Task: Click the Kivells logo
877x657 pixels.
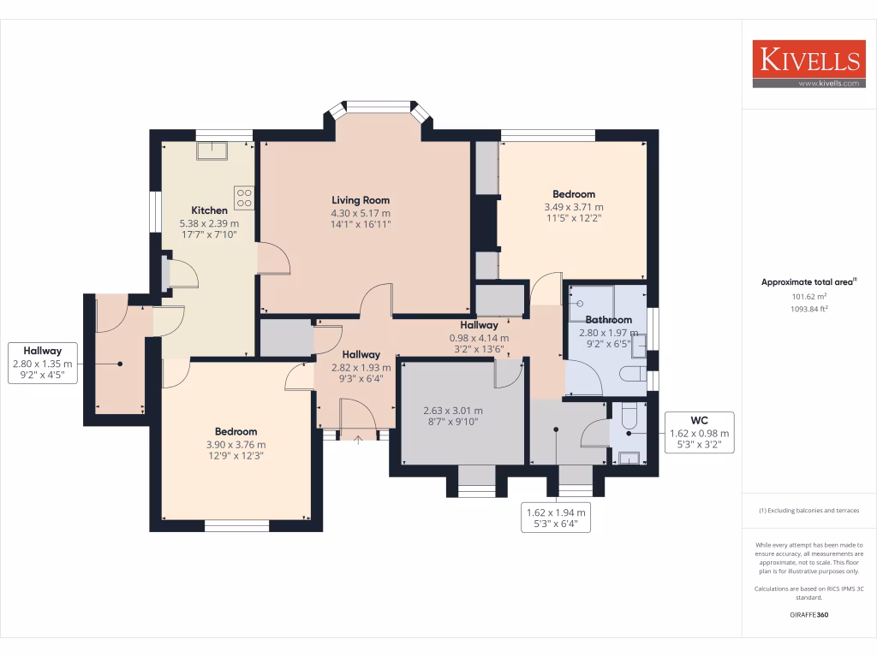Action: pyautogui.click(x=808, y=60)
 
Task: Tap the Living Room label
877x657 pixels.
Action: pyautogui.click(x=361, y=200)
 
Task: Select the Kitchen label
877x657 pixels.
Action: pyautogui.click(x=209, y=210)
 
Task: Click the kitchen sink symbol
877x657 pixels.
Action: pyautogui.click(x=210, y=151)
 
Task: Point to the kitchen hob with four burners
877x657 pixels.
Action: pyautogui.click(x=244, y=198)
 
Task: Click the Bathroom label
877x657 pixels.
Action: pyautogui.click(x=608, y=320)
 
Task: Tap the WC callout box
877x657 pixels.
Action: pyautogui.click(x=700, y=432)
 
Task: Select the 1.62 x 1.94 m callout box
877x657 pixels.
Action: pyautogui.click(x=557, y=518)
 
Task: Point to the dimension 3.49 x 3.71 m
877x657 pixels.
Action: pyautogui.click(x=574, y=207)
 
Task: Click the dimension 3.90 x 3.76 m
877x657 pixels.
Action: pyautogui.click(x=236, y=444)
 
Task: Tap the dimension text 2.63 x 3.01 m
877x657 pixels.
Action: pyautogui.click(x=453, y=410)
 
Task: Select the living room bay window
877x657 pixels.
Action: pyautogui.click(x=377, y=109)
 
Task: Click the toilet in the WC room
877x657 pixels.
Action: pyautogui.click(x=629, y=415)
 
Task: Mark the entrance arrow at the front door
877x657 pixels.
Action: pyautogui.click(x=358, y=440)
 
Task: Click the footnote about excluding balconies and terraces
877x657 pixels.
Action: pyautogui.click(x=808, y=511)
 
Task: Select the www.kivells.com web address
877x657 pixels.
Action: pyautogui.click(x=827, y=83)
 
